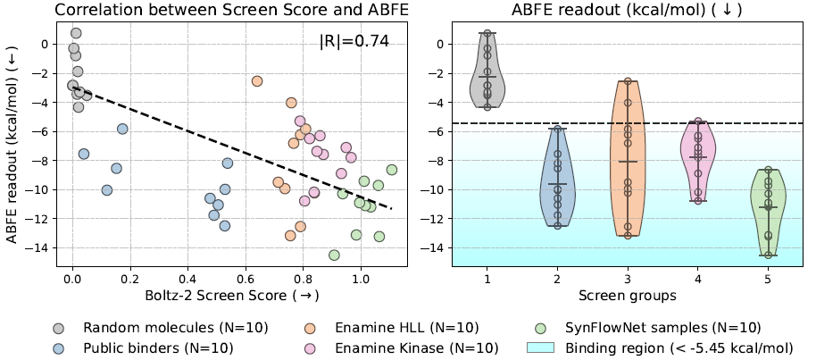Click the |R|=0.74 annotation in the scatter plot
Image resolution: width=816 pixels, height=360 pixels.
click(354, 41)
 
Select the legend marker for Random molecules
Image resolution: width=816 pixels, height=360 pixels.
click(59, 327)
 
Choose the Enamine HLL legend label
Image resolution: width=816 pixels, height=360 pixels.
click(394, 327)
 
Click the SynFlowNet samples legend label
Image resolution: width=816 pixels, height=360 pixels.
click(661, 327)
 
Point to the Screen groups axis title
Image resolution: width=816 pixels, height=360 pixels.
click(628, 294)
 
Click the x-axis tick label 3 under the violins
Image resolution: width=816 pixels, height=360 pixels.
click(628, 278)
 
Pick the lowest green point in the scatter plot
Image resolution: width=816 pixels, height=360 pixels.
click(334, 255)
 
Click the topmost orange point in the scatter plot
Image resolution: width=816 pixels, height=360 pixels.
click(257, 81)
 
